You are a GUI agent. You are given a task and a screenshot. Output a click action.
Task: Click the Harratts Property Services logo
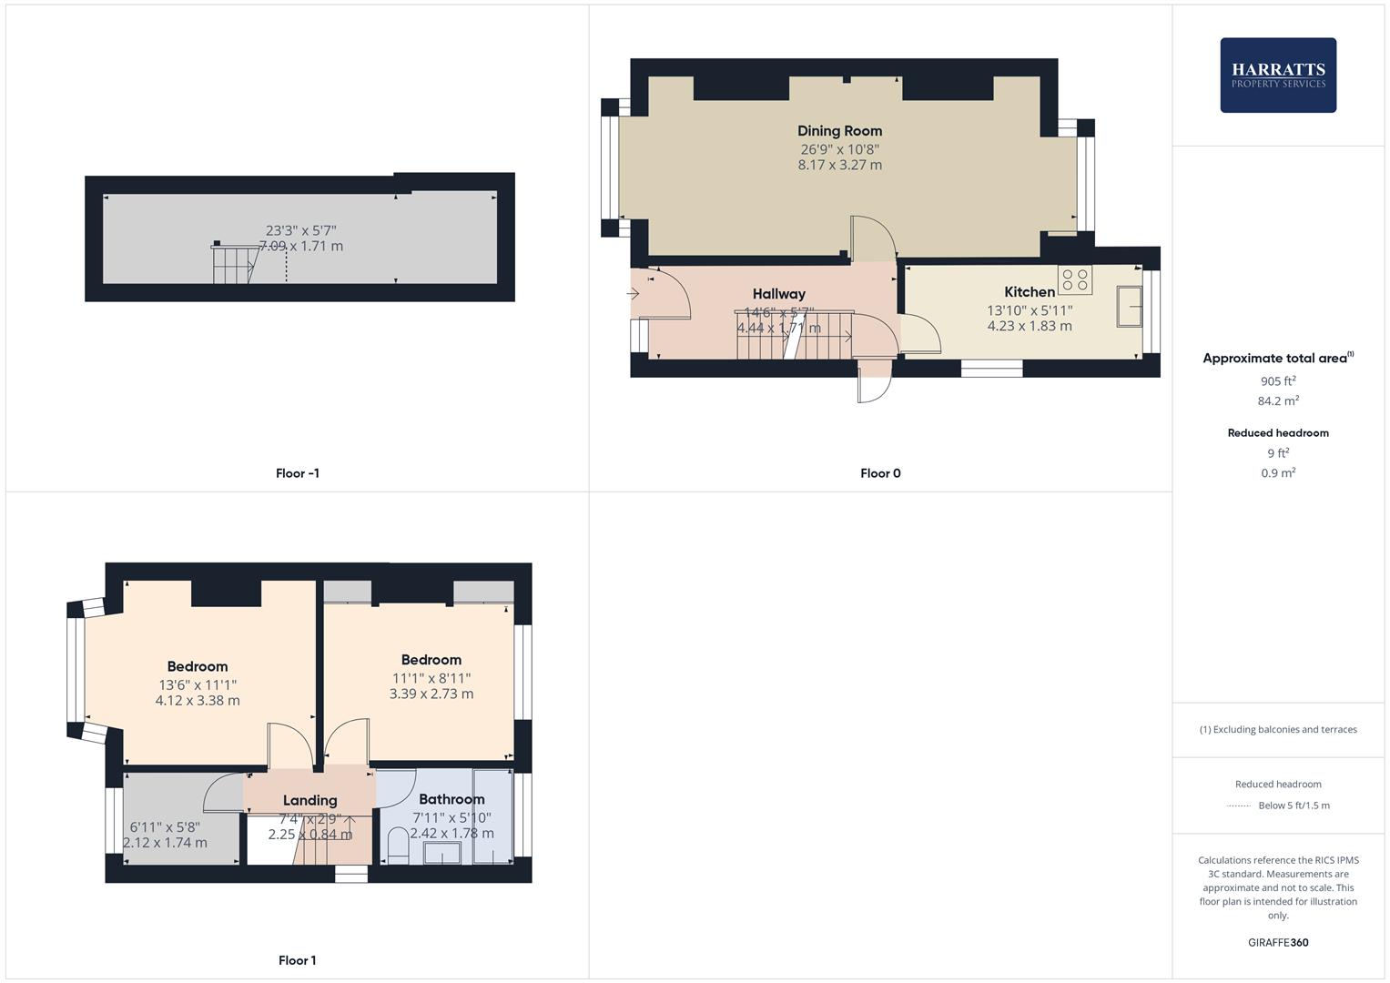[1277, 75]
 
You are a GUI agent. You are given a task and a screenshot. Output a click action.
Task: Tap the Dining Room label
[839, 131]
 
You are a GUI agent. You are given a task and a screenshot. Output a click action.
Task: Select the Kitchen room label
[1030, 292]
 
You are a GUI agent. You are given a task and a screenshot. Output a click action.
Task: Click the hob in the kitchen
[1074, 279]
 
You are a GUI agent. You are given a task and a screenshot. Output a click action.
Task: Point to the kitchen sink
[1131, 306]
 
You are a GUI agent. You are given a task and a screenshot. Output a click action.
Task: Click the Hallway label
[778, 294]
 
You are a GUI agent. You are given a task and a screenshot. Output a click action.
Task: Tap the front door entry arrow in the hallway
[634, 293]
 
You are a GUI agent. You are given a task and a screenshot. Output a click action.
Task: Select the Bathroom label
[451, 799]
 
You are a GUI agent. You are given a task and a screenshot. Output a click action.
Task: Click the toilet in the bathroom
[398, 845]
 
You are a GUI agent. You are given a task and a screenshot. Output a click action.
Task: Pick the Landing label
[309, 801]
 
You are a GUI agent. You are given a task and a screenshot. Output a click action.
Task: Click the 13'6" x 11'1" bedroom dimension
[198, 685]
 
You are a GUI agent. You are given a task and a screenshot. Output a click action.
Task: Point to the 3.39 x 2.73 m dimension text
[431, 694]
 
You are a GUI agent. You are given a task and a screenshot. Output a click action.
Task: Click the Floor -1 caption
[297, 473]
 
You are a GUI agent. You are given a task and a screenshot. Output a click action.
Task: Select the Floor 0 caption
[880, 473]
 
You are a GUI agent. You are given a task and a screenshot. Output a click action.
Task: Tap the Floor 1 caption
[297, 960]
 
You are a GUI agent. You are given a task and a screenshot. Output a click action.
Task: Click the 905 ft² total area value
[1277, 381]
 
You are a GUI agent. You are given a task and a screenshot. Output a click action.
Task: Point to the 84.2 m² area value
[1277, 401]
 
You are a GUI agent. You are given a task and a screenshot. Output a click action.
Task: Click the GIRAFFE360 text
[1277, 943]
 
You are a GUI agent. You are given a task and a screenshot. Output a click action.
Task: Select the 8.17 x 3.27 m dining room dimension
[839, 166]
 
